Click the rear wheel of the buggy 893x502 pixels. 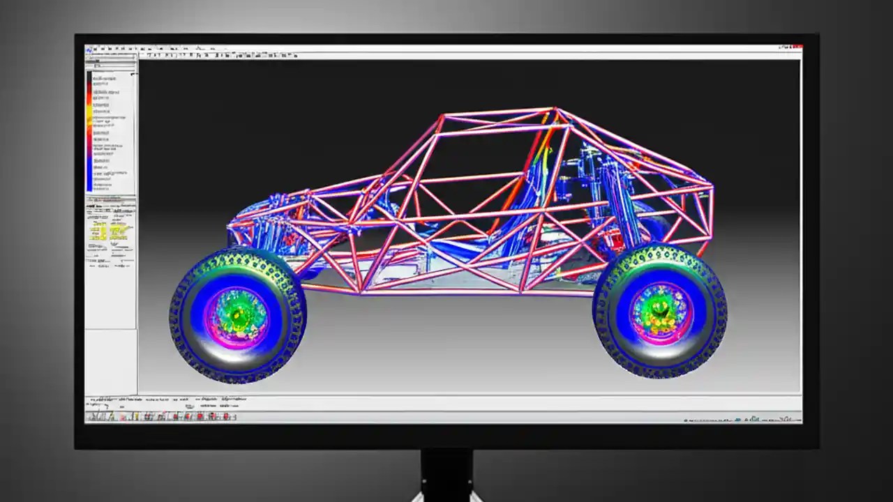click(x=660, y=311)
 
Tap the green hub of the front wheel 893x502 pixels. click(x=238, y=316)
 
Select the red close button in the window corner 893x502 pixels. click(x=798, y=47)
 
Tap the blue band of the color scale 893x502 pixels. click(x=89, y=171)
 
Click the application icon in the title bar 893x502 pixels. click(x=89, y=49)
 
